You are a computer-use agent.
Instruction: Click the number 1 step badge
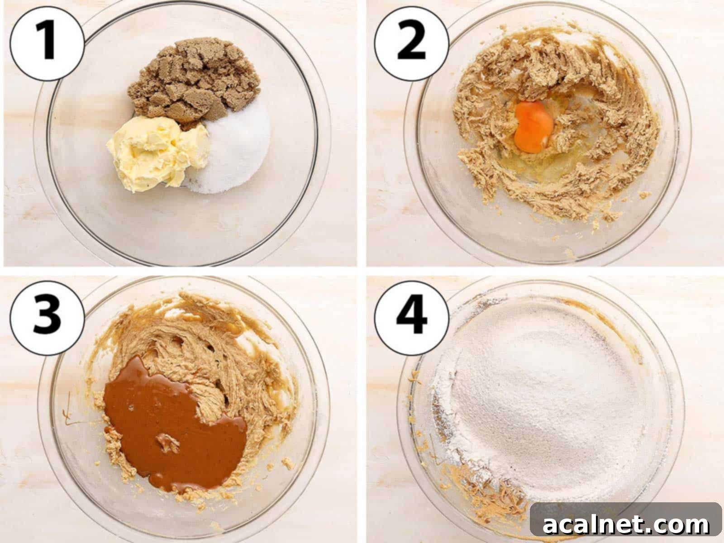pyautogui.click(x=47, y=43)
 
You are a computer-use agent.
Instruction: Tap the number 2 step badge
pyautogui.click(x=411, y=43)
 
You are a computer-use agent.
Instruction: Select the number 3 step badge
pyautogui.click(x=47, y=318)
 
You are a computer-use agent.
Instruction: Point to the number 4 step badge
pyautogui.click(x=411, y=318)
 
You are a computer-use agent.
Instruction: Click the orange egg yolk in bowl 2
pyautogui.click(x=533, y=127)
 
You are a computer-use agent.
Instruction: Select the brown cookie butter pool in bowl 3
pyautogui.click(x=175, y=425)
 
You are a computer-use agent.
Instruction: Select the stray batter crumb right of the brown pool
pyautogui.click(x=288, y=463)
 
